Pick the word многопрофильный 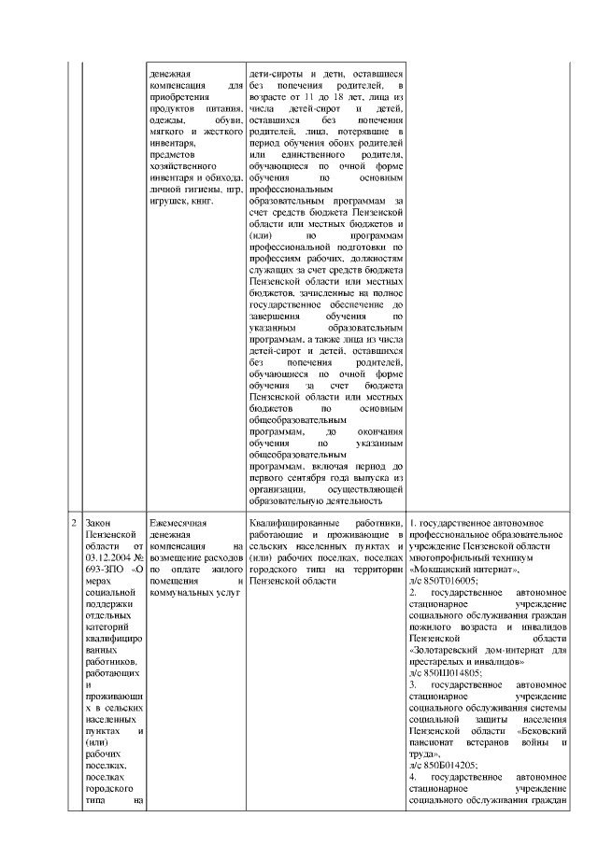click(x=451, y=557)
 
